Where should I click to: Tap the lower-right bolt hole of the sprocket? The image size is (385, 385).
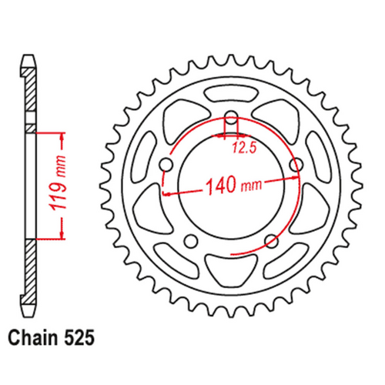(x=270, y=241)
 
